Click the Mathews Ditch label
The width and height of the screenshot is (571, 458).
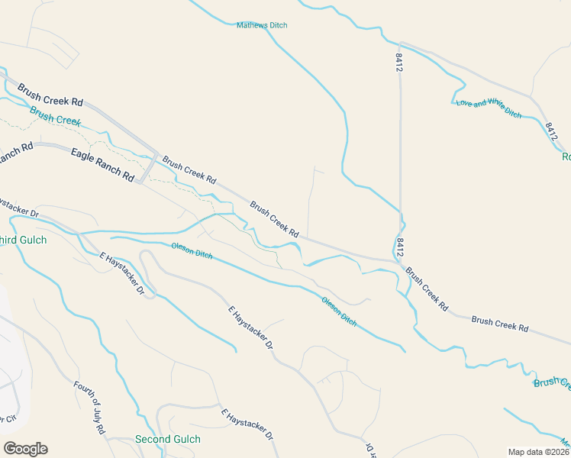pyautogui.click(x=262, y=25)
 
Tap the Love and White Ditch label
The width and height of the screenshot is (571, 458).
pyautogui.click(x=489, y=108)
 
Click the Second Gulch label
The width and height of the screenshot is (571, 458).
pyautogui.click(x=167, y=439)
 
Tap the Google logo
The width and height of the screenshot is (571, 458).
pyautogui.click(x=25, y=448)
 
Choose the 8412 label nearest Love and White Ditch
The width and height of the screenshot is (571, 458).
pyautogui.click(x=552, y=131)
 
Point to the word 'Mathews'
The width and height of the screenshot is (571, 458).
pyautogui.click(x=253, y=25)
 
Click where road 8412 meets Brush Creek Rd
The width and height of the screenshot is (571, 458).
pyautogui.click(x=400, y=263)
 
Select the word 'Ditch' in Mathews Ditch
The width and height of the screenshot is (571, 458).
pyautogui.click(x=278, y=25)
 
